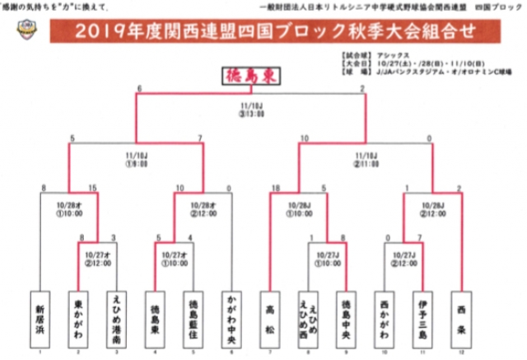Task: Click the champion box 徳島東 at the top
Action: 253,76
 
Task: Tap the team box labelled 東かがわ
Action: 78,312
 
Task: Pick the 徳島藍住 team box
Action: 191,312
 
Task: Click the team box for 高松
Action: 269,312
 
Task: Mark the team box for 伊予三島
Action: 421,312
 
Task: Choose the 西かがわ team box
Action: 383,312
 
